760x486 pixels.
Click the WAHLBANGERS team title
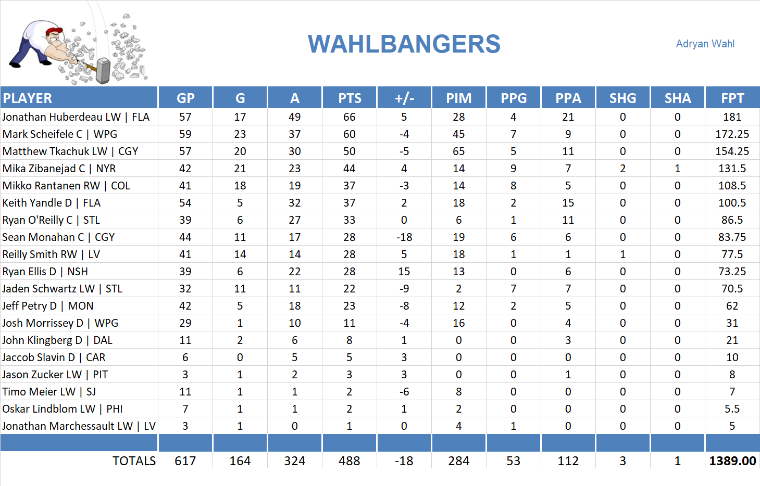404,44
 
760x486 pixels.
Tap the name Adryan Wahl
705,44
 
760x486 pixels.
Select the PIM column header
458,98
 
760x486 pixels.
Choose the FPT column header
732,98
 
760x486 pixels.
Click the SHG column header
622,98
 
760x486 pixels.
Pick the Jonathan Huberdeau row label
76,117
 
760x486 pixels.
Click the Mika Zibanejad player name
59,169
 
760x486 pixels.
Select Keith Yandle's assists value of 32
294,203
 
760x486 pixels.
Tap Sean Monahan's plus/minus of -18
404,237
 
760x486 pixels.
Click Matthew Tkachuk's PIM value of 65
458,151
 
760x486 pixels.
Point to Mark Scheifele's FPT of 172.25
732,134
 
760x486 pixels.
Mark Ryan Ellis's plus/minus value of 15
404,272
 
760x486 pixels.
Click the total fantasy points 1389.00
732,461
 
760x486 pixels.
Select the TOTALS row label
134,461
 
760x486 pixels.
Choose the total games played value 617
185,461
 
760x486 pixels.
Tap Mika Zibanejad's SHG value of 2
622,169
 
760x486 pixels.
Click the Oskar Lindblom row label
63,409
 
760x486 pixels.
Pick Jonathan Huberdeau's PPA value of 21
568,117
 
